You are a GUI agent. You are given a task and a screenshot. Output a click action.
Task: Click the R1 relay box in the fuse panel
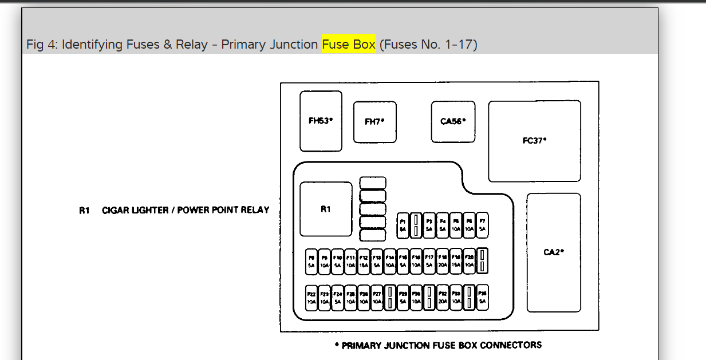point(326,209)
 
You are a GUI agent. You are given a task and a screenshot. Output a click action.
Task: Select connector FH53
point(321,121)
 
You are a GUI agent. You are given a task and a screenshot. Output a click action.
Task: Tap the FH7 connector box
point(374,121)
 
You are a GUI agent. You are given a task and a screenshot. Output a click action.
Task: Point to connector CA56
point(453,121)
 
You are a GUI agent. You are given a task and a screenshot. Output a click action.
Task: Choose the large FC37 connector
point(534,141)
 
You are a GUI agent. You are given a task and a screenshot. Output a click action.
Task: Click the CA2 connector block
point(554,252)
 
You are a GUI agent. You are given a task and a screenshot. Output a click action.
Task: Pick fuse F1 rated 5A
point(403,225)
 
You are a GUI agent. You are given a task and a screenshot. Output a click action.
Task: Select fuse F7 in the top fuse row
point(483,225)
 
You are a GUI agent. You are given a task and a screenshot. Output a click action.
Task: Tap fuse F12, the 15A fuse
point(363,262)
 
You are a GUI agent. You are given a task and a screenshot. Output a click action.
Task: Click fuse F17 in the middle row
point(429,262)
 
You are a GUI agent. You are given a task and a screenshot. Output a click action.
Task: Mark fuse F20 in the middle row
point(470,262)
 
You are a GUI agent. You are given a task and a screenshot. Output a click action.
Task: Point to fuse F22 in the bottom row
point(311,298)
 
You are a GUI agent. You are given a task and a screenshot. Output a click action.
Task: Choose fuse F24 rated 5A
point(338,298)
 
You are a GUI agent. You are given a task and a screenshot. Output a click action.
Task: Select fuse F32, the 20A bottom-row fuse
point(443,298)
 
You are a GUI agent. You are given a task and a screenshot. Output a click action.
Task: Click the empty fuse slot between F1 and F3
point(416,225)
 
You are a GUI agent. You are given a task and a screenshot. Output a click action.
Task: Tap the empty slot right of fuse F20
point(483,262)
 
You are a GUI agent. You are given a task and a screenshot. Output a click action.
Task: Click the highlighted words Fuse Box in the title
point(348,44)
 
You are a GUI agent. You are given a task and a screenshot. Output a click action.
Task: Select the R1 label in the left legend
point(85,210)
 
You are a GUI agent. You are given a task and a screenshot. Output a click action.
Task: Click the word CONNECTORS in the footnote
point(511,345)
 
